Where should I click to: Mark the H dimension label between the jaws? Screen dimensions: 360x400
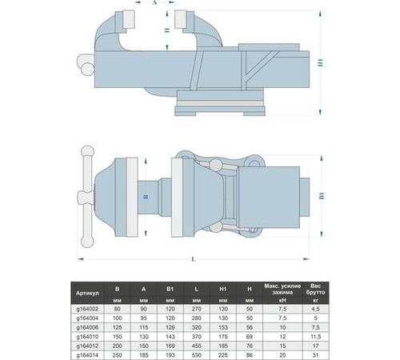[163, 31]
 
